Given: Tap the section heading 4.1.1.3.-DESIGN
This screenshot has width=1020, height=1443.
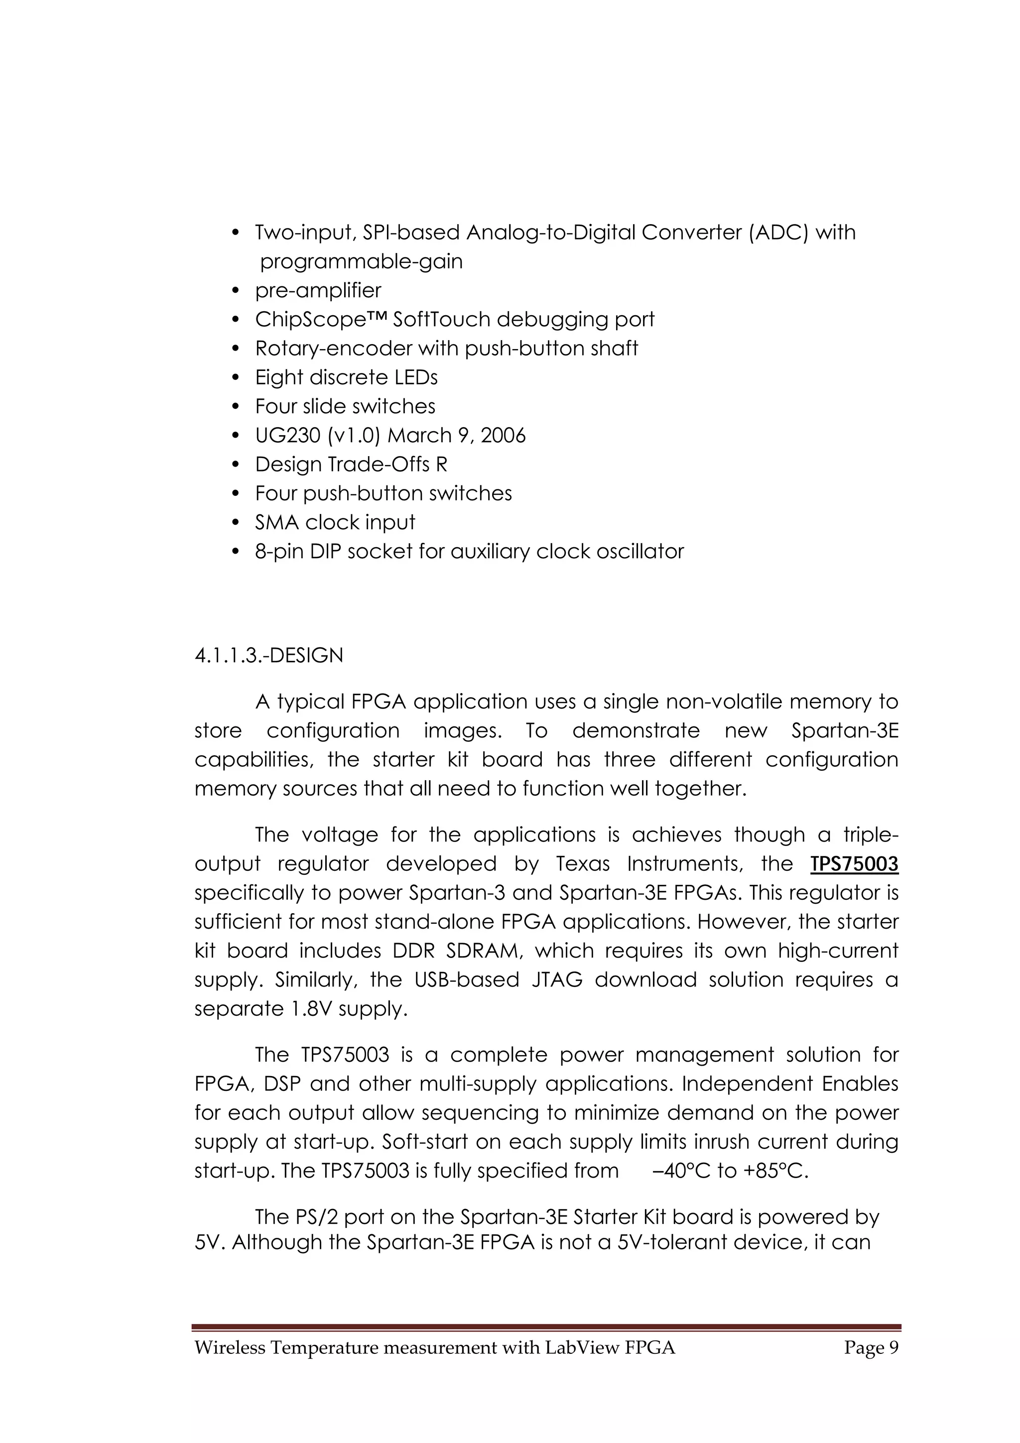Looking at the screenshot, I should pos(269,655).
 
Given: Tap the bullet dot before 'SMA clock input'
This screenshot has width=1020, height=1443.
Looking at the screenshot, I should pos(236,523).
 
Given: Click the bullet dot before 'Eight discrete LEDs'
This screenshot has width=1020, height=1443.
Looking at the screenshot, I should pos(236,378).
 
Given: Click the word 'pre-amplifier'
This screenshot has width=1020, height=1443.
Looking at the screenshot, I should pos(318,290).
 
